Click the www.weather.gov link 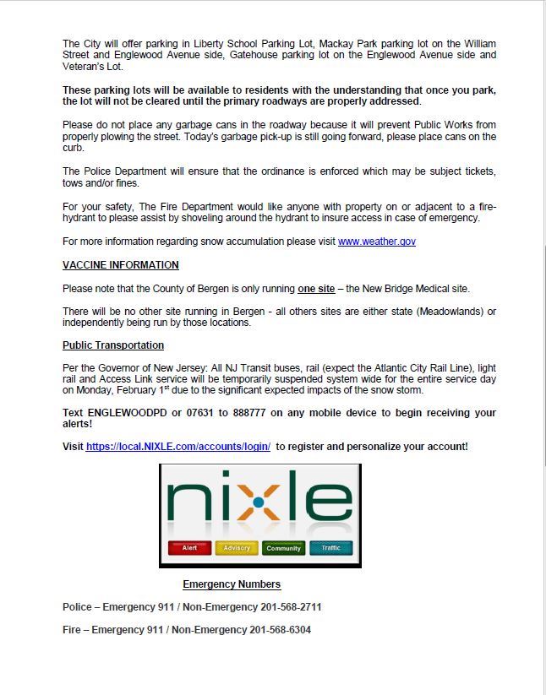coord(376,242)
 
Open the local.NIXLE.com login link coord(177,446)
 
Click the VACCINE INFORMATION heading coord(121,265)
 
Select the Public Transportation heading coord(113,345)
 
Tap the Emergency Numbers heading coord(232,584)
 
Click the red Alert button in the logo coord(190,548)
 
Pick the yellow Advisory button coord(237,548)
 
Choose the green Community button coord(283,548)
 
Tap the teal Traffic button coord(330,548)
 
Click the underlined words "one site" coord(316,289)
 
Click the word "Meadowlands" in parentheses coord(444,312)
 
